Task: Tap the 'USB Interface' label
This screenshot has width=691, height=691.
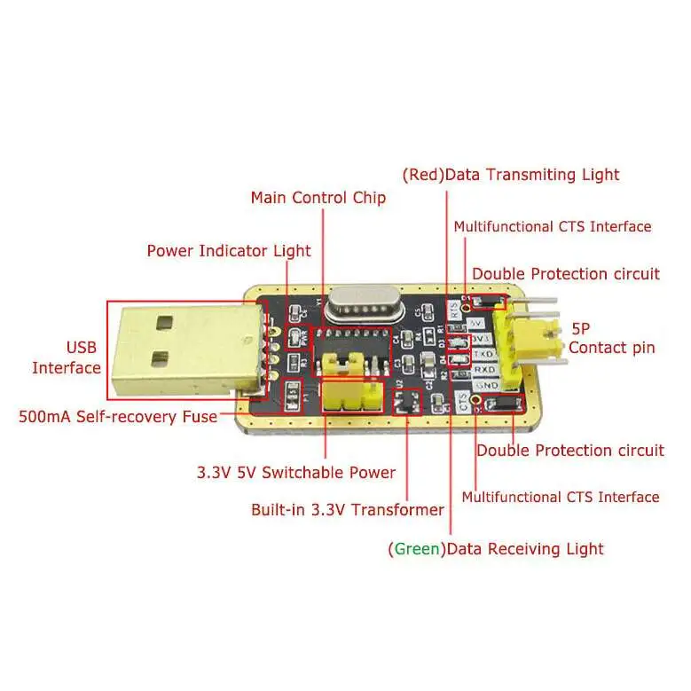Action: [x=67, y=357]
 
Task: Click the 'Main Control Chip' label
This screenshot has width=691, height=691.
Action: [x=318, y=197]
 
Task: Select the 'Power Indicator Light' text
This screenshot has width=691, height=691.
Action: [x=229, y=251]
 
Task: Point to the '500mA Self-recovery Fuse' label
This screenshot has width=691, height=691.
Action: [x=118, y=415]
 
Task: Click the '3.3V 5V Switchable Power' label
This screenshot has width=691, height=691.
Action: [x=296, y=472]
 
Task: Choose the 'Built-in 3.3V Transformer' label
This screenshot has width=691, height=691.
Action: [x=348, y=509]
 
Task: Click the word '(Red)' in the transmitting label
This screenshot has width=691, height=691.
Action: [x=422, y=174]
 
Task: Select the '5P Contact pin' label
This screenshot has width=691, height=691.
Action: [x=612, y=337]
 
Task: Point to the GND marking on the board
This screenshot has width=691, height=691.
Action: [x=484, y=386]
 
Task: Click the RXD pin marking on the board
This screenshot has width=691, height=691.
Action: [x=483, y=369]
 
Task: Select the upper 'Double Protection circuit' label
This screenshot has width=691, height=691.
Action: [x=566, y=273]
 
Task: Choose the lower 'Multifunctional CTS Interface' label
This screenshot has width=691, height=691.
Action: [x=561, y=497]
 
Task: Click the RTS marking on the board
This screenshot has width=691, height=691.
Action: [x=454, y=310]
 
